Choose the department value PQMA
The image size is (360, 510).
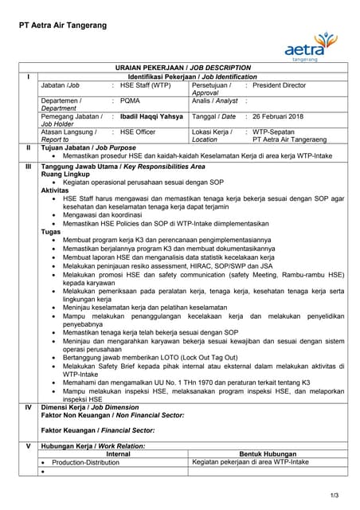click(130, 101)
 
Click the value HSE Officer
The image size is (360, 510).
click(137, 131)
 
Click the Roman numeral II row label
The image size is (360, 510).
click(28, 147)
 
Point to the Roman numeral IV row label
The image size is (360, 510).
click(28, 406)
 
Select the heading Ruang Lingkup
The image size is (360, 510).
click(66, 175)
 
